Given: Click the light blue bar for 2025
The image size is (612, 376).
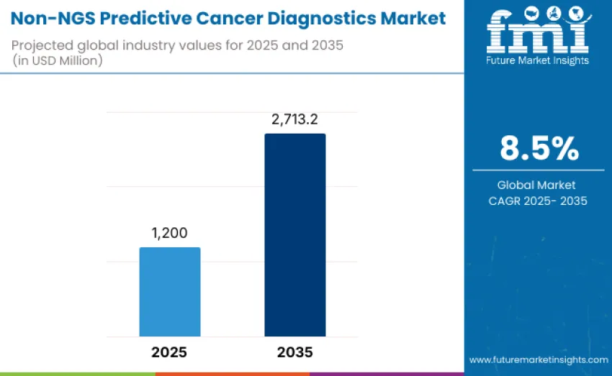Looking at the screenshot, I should (169, 291).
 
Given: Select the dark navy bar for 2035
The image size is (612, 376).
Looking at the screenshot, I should (294, 234).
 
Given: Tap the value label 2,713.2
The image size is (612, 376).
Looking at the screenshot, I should (294, 119).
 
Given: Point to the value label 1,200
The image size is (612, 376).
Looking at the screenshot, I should (169, 233).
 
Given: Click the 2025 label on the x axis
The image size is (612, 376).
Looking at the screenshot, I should (169, 352).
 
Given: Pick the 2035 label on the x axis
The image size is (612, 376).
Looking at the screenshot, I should (294, 352).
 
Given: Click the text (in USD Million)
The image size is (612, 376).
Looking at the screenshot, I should (58, 60).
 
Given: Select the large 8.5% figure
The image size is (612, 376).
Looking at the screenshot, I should (539, 148).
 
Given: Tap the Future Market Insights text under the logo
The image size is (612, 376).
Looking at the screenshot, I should (538, 60).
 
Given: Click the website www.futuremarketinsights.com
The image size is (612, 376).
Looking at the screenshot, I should (539, 359).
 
